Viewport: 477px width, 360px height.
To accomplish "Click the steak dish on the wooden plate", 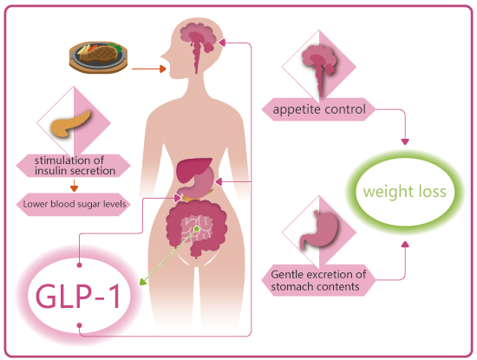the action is (98, 57).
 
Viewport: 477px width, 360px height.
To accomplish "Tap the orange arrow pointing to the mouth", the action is (149, 69).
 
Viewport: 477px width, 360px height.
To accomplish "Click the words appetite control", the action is (319, 109).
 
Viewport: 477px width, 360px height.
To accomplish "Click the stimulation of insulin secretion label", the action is (75, 166).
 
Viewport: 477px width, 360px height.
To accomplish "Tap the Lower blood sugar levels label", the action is (75, 204).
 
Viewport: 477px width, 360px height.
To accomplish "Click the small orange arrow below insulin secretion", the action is (74, 186).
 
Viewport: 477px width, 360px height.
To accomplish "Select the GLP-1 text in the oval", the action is (77, 296).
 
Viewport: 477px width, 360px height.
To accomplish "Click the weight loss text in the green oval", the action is (405, 192).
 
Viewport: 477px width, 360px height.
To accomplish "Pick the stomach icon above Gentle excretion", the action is (318, 230).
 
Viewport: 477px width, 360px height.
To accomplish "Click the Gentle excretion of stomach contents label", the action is (318, 280).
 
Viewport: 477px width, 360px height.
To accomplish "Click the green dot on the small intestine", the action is (197, 229).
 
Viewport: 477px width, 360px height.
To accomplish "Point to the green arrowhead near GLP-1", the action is (142, 282).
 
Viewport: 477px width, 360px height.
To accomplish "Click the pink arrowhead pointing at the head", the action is (222, 43).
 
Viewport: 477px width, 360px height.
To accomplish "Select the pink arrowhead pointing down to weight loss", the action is (405, 141).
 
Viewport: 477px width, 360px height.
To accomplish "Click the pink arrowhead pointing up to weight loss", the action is (405, 244).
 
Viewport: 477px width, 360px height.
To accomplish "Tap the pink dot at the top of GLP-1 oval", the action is (80, 265).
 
